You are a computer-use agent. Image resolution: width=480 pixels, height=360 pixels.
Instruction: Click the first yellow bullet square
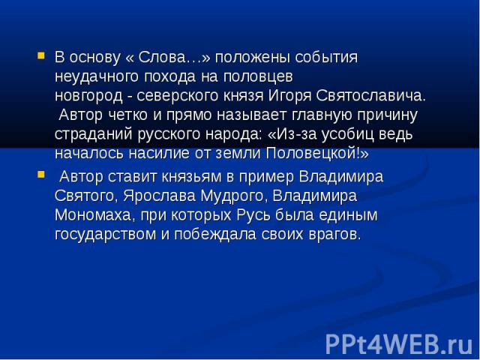point(41,55)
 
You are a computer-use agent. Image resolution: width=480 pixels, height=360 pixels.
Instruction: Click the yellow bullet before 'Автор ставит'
point(41,175)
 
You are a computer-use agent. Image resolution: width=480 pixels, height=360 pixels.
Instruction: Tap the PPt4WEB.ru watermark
point(399,344)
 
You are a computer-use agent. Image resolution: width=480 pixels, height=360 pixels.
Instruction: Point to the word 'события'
point(326,57)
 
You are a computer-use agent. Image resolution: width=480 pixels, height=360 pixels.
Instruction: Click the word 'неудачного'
point(97,77)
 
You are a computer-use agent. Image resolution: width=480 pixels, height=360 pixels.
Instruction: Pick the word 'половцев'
point(258,76)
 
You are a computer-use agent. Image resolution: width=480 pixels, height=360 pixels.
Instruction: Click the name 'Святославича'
point(370,96)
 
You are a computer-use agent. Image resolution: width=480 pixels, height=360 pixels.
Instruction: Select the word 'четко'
point(128,115)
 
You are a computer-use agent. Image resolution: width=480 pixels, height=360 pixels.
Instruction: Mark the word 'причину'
point(388,115)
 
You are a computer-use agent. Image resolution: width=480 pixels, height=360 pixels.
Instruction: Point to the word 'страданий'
point(94,135)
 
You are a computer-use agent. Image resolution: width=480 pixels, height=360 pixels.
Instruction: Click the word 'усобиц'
point(348,135)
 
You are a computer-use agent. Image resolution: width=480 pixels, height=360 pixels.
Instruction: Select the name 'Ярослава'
point(160,196)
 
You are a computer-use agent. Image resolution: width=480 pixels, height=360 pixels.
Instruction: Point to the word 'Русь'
point(253,215)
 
